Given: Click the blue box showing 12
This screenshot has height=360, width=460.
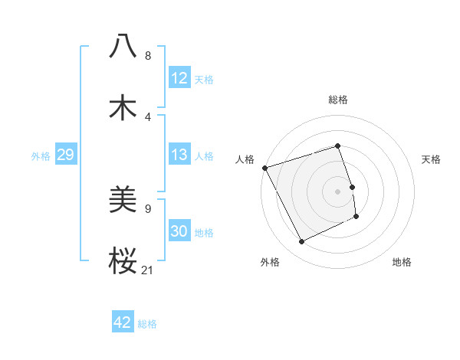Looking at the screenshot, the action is click(179, 78).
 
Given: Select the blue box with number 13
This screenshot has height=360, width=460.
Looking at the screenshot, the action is click(179, 155).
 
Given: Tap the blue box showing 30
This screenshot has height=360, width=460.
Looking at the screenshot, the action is click(179, 231).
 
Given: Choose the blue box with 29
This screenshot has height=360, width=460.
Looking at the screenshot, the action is click(65, 155).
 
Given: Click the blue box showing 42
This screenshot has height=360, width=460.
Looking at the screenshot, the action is click(123, 322).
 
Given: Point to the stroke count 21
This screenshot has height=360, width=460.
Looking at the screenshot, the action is click(148, 269).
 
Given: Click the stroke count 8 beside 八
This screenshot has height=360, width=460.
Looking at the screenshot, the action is click(148, 55).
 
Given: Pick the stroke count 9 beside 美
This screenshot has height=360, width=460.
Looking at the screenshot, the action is click(148, 208).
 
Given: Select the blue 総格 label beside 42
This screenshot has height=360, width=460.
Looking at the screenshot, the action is click(147, 324).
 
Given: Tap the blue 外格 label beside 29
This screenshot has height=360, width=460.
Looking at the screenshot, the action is click(41, 156).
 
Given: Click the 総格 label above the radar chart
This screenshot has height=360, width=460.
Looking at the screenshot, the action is click(338, 100).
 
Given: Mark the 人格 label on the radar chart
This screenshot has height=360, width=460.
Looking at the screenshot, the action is click(245, 159).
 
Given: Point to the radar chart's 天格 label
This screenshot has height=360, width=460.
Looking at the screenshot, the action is click(431, 159).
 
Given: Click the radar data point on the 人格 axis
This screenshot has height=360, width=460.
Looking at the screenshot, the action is click(265, 168).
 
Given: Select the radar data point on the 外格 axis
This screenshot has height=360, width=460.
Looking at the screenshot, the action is click(302, 242).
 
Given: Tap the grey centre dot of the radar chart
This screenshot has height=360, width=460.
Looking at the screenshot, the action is click(338, 191).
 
